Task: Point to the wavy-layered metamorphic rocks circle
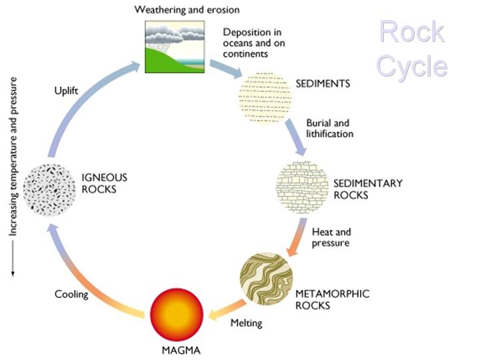(x=267, y=279)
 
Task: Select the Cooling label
(x=72, y=294)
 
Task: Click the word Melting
(x=246, y=323)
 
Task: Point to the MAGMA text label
(x=176, y=349)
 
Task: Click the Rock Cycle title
(x=412, y=49)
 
